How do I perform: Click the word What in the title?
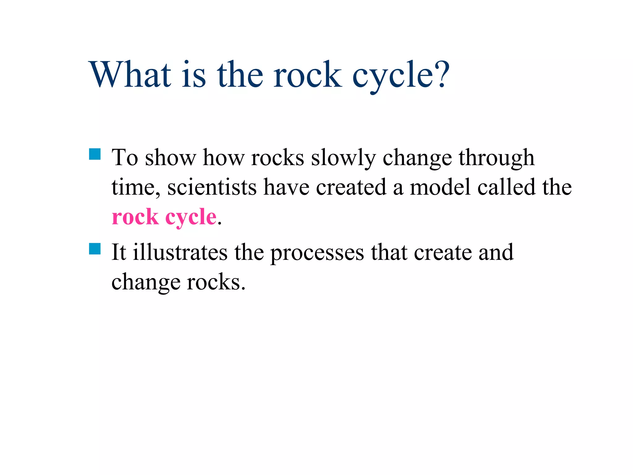tap(130, 75)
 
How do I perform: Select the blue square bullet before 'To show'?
tap(95, 154)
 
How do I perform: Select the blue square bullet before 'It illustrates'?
tap(95, 249)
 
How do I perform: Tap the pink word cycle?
tap(191, 218)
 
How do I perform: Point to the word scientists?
tap(212, 187)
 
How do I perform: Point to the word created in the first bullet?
tap(351, 187)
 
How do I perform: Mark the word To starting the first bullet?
tap(125, 158)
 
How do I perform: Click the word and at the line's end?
tap(496, 252)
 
